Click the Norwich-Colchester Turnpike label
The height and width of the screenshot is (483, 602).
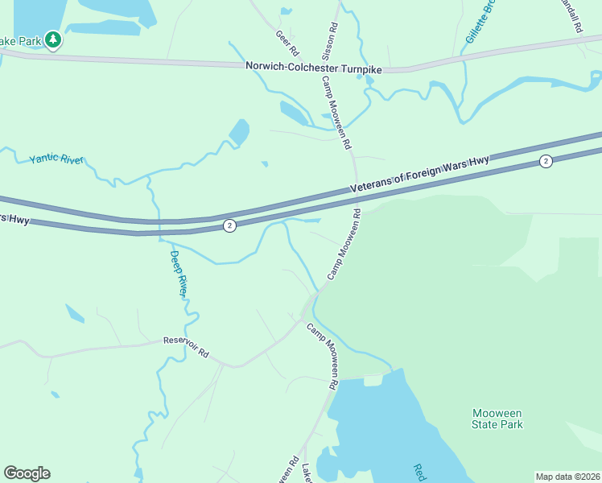pos(314,70)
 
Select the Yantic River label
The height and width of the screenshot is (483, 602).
pos(56,159)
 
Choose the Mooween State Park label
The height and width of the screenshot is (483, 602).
pos(497,419)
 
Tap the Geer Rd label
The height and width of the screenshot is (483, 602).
pos(282,38)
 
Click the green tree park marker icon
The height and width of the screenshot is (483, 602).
pos(53,39)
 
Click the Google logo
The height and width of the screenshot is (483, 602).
pos(27,473)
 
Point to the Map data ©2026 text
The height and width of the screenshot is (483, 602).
pos(567,476)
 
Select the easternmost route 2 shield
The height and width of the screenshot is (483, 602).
pos(546,162)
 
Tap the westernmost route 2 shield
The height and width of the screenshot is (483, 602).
pos(230,226)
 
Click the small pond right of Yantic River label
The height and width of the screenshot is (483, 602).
pos(239,132)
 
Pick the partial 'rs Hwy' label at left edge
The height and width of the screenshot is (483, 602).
pos(14,218)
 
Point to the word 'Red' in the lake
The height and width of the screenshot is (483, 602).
pos(418,473)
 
